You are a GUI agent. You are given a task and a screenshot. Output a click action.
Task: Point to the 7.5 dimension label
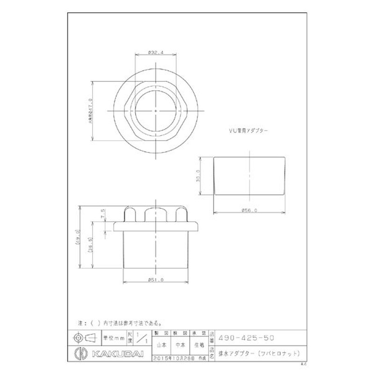pos(102,215)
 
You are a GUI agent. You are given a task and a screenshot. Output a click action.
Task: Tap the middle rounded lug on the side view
pos(154,215)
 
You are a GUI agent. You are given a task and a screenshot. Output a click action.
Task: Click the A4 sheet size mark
pos(303,363)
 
